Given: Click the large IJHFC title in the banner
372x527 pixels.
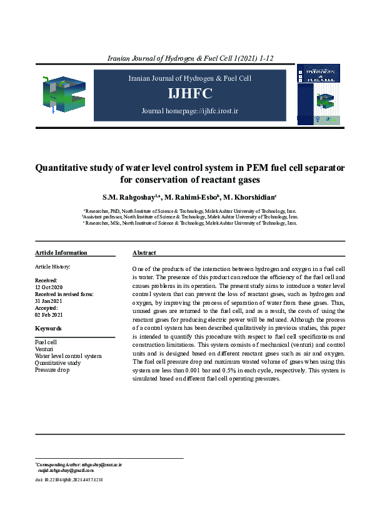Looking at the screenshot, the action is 189,94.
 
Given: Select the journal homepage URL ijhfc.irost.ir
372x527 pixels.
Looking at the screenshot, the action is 207,111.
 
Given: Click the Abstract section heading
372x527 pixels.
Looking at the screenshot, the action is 144,253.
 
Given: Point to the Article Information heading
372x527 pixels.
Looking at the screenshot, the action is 61,253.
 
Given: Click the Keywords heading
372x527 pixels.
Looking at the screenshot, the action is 48,328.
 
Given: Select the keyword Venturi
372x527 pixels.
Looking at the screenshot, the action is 44,349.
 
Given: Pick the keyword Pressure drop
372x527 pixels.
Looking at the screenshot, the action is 52,370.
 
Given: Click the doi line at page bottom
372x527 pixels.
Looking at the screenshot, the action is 69,479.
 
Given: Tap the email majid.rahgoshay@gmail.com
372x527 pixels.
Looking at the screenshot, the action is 66,470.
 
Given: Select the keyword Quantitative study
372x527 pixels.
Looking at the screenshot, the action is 58,363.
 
